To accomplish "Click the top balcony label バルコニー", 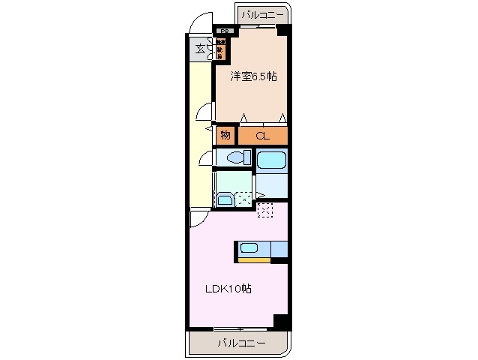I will (262, 14).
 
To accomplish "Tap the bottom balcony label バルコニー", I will (241, 343).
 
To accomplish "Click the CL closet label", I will (261, 136).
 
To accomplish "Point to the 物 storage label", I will (225, 136).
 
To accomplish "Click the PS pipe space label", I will (224, 31).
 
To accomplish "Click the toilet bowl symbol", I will (238, 158).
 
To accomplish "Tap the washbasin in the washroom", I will (224, 199).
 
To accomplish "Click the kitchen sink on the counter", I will (249, 247).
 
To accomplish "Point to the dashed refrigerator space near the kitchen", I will (265, 210).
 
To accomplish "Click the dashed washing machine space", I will (244, 199).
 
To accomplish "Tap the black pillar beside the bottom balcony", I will (281, 320).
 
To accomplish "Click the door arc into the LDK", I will (198, 218).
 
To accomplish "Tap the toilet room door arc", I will (207, 158).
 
